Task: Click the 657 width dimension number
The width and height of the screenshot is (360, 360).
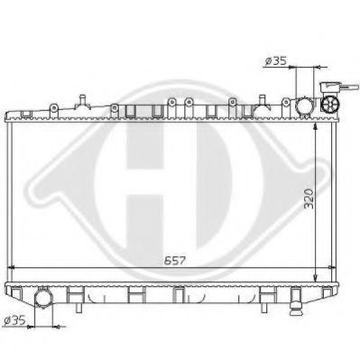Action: [175, 261]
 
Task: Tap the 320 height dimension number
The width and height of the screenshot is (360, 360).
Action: [309, 198]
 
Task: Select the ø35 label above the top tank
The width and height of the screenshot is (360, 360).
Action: [275, 61]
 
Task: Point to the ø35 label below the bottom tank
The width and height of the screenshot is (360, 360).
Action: [14, 320]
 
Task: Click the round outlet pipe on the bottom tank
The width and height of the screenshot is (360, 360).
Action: [43, 297]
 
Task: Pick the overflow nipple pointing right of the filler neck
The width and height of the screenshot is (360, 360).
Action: [349, 88]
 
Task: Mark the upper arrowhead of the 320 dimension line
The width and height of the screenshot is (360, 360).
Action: [316, 126]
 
